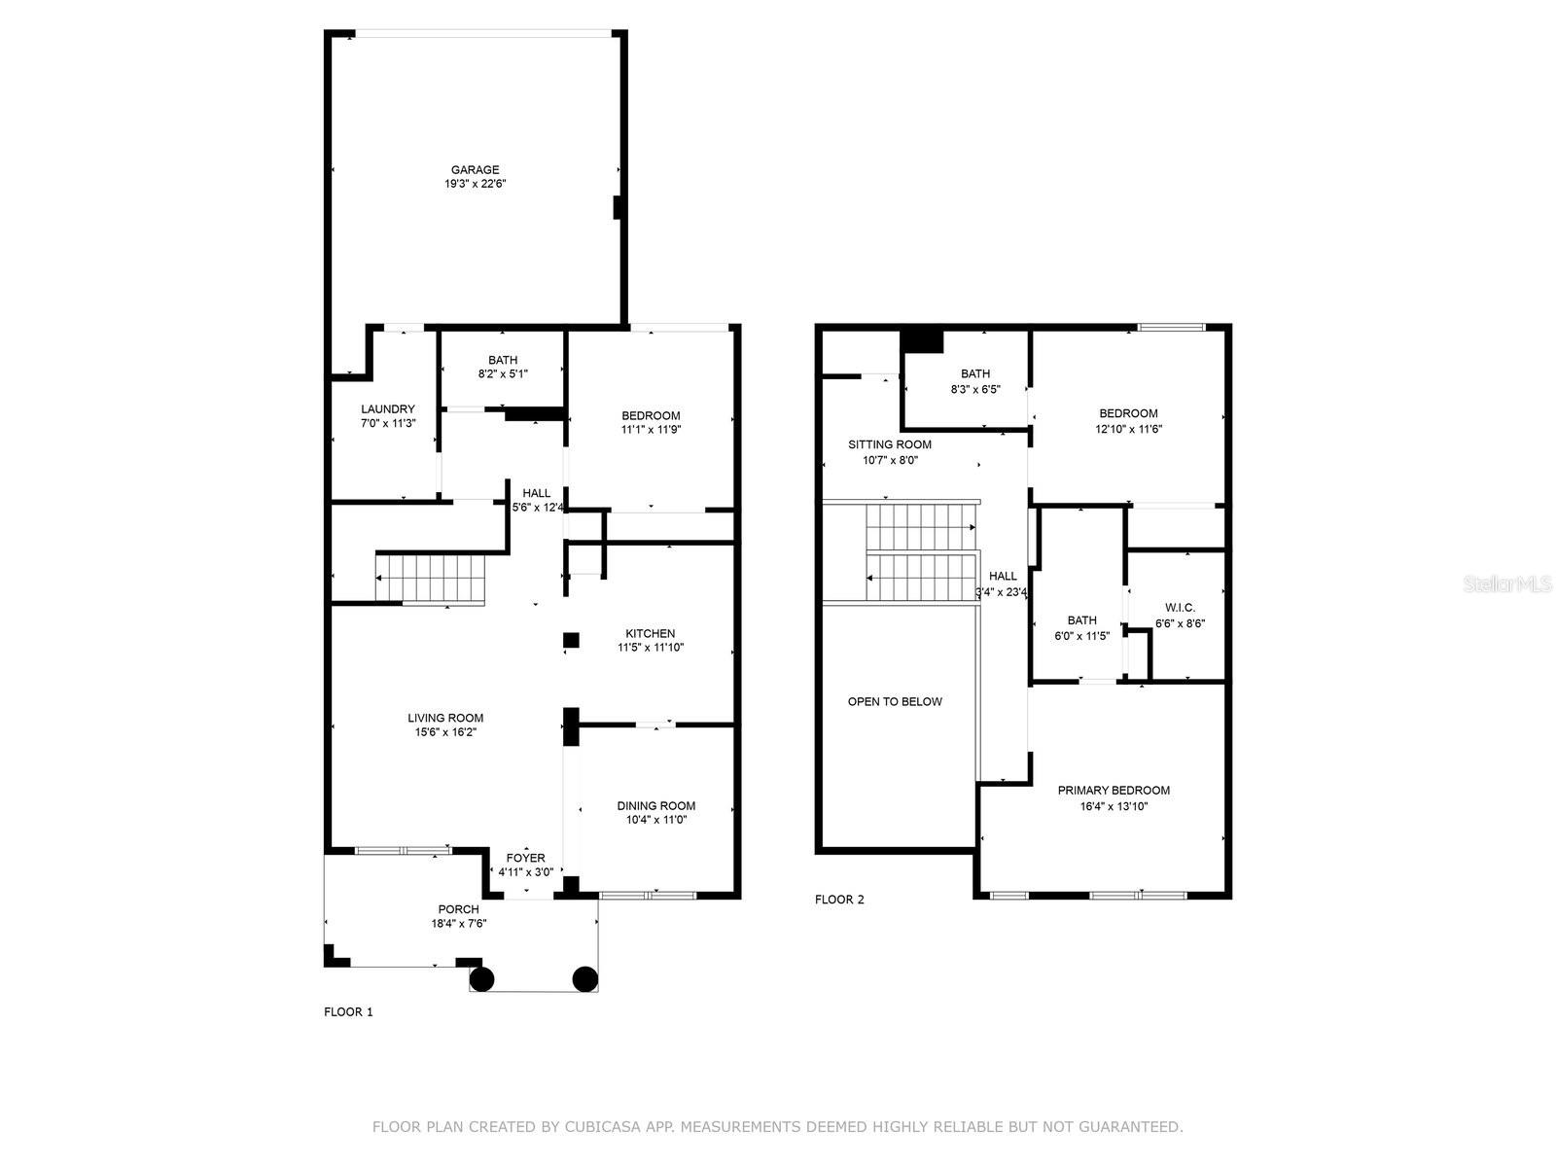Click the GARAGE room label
(475, 170)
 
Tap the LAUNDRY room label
(388, 409)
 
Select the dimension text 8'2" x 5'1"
(503, 373)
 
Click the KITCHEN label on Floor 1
(651, 634)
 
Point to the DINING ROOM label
(656, 805)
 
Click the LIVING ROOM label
(445, 719)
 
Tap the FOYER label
(526, 858)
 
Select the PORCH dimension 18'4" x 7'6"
(458, 923)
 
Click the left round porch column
(482, 978)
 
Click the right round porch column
(584, 978)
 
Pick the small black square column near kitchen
(571, 640)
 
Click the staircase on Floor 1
(430, 578)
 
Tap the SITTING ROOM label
(890, 444)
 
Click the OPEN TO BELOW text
(895, 701)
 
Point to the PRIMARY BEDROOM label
(1114, 791)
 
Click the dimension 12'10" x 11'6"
(1129, 428)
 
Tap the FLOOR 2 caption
(839, 900)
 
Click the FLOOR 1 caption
(348, 1012)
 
